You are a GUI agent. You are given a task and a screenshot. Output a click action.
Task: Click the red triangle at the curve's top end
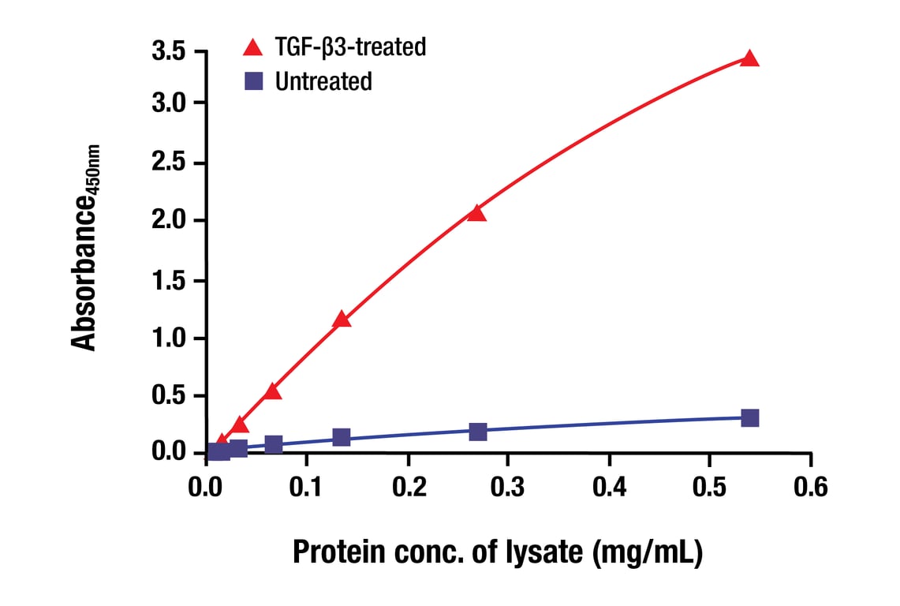pyautogui.click(x=750, y=58)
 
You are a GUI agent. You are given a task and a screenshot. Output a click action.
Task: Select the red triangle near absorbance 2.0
pyautogui.click(x=476, y=213)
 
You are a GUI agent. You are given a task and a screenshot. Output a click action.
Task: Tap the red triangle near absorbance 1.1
pyautogui.click(x=342, y=320)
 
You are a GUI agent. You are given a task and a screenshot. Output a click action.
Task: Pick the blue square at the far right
pyautogui.click(x=750, y=417)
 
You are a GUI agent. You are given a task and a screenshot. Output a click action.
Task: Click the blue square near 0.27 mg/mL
pyautogui.click(x=477, y=432)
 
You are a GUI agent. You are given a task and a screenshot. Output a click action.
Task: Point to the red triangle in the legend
pyautogui.click(x=253, y=47)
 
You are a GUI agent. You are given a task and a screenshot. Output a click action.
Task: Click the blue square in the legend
pyautogui.click(x=253, y=80)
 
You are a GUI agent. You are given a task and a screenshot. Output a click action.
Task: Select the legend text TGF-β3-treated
pyautogui.click(x=350, y=47)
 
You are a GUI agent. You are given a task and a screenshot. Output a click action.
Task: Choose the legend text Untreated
pyautogui.click(x=323, y=80)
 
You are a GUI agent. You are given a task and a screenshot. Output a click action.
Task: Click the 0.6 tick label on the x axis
pyautogui.click(x=810, y=487)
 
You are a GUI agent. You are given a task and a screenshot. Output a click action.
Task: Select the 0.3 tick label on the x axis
pyautogui.click(x=508, y=487)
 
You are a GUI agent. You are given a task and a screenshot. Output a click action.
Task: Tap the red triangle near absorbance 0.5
pyautogui.click(x=273, y=391)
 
